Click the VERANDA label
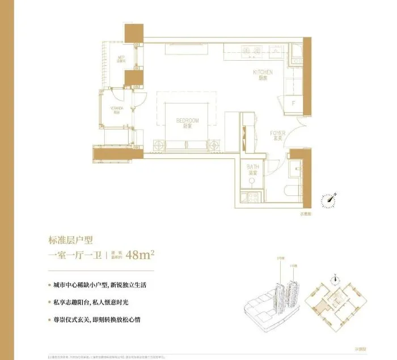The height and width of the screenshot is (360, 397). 115,110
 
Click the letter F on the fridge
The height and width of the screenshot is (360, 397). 293,103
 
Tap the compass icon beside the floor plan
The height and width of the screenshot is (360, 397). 328,199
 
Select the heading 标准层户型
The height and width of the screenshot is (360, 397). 73,239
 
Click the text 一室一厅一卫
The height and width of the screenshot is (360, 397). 74,255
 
